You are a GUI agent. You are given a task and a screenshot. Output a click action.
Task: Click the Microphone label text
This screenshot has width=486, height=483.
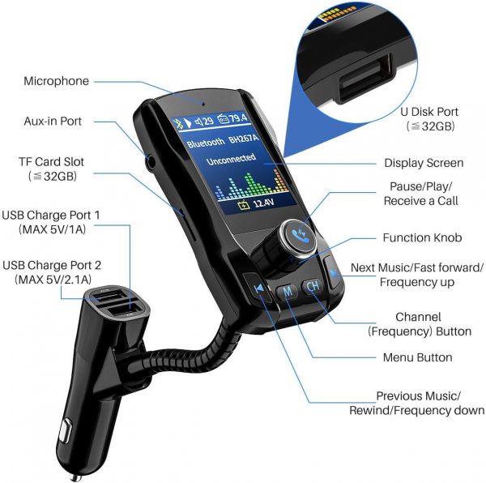(x=57, y=81)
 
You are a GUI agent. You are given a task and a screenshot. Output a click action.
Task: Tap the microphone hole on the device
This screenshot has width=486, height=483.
(x=203, y=104)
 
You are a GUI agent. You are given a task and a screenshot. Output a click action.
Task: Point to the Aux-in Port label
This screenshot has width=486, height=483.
(x=53, y=122)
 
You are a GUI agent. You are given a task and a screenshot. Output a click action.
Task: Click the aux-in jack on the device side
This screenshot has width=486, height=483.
(x=151, y=162)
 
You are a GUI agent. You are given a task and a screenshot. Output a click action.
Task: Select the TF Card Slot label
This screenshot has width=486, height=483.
(x=52, y=169)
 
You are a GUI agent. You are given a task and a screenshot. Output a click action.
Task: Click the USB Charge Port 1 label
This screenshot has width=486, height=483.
(x=51, y=222)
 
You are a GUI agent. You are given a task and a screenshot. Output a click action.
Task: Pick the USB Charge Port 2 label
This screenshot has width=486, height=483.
(x=52, y=272)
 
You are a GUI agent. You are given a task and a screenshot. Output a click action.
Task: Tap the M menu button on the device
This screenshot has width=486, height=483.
(x=288, y=291)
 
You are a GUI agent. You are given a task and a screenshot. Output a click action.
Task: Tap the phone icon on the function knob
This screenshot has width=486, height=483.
(x=299, y=237)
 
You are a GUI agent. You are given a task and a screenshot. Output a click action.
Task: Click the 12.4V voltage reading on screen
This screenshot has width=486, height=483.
(x=263, y=203)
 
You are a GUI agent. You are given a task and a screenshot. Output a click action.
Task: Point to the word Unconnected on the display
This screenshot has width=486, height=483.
(x=231, y=160)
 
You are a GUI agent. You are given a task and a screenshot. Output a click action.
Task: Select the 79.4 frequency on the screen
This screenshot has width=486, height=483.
(x=238, y=118)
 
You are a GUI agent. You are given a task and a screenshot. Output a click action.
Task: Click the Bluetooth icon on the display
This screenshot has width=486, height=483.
(x=178, y=122)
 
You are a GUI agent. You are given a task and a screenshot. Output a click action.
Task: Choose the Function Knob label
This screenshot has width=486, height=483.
(x=423, y=237)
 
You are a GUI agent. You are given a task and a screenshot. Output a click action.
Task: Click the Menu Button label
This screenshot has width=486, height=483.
(x=417, y=357)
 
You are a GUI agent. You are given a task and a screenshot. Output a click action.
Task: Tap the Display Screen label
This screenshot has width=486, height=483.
(x=424, y=163)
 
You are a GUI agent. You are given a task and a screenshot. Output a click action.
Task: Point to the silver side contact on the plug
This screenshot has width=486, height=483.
(x=66, y=430)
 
